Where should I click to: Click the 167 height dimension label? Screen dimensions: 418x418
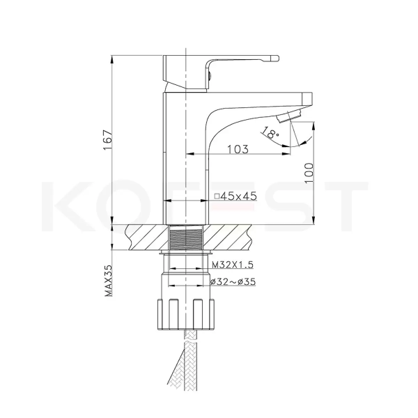108,140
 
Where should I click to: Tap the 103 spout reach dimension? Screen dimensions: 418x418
238,149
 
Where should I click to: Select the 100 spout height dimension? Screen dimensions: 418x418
309,173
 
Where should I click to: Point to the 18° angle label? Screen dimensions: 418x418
270,133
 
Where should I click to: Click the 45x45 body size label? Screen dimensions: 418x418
239,196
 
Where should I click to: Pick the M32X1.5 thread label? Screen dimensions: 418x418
233,265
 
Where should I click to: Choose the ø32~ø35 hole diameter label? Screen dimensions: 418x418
233,281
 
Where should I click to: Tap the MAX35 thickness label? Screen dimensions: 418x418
109,281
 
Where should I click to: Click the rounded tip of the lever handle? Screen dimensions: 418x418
275,59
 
